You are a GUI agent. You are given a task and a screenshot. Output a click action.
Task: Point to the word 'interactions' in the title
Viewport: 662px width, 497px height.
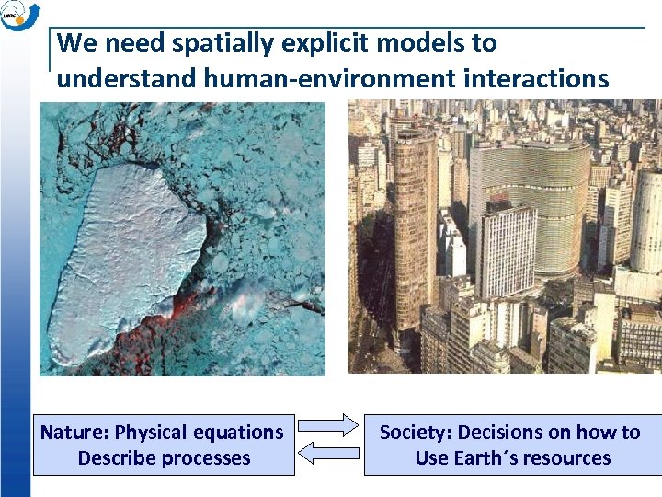pos(535,79)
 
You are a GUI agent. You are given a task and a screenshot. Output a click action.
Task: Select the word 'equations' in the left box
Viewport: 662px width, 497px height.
pos(240,432)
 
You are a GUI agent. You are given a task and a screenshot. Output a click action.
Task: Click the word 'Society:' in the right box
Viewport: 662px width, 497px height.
pos(416,432)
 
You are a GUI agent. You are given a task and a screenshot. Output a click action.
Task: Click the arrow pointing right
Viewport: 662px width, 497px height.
pos(328,424)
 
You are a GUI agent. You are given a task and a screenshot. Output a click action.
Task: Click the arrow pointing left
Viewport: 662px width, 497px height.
pos(328,452)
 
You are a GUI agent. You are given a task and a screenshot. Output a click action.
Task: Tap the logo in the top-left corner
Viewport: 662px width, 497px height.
pos(18,16)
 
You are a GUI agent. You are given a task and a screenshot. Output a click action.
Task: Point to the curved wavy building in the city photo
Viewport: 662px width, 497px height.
pos(532,202)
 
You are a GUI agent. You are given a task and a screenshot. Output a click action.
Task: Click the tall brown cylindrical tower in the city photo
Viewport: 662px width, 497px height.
pos(416,230)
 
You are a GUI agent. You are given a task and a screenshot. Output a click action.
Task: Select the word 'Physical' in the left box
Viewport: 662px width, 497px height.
pos(157,432)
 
